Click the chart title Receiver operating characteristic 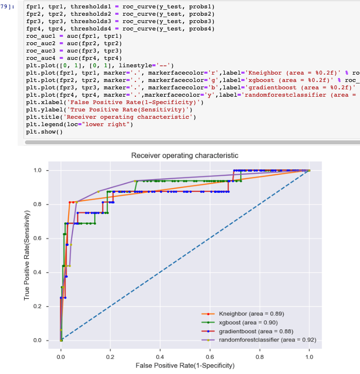tap(184, 156)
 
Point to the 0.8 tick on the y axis tap(44, 205)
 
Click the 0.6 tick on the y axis tap(44, 239)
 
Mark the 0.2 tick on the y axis tap(44, 307)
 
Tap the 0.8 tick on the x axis tap(259, 357)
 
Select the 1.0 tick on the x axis tap(309, 357)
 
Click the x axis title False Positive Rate tap(184, 366)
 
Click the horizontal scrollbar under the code tap(191, 142)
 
